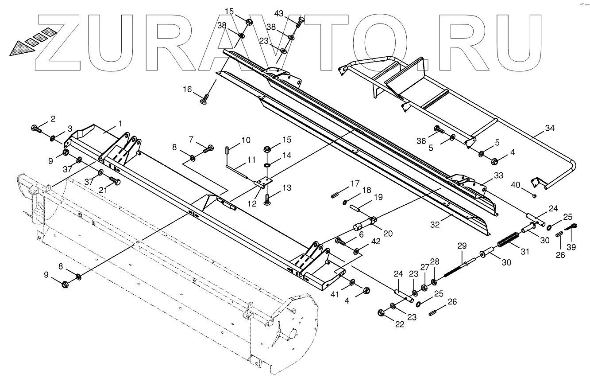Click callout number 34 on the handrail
(x=550, y=128)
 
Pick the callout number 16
(x=188, y=90)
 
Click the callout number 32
(x=435, y=225)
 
